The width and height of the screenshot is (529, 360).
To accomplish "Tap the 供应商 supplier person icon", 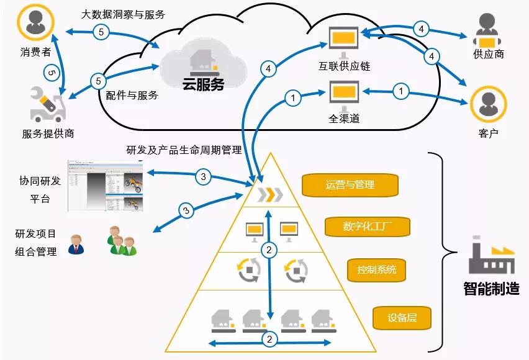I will [x=488, y=30].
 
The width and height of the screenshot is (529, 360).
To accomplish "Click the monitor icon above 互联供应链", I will [x=343, y=39].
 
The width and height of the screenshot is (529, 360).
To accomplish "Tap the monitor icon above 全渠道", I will [x=343, y=93].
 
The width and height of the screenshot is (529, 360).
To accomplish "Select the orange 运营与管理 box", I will [x=349, y=184].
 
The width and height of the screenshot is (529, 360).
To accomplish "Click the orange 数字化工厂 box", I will [x=367, y=226].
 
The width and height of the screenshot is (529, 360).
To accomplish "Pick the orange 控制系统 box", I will [x=376, y=270].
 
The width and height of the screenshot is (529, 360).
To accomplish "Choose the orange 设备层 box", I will [x=402, y=318].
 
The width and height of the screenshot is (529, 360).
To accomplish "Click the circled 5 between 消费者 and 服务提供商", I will [x=52, y=73].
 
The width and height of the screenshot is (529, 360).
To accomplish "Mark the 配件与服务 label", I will [x=132, y=95].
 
